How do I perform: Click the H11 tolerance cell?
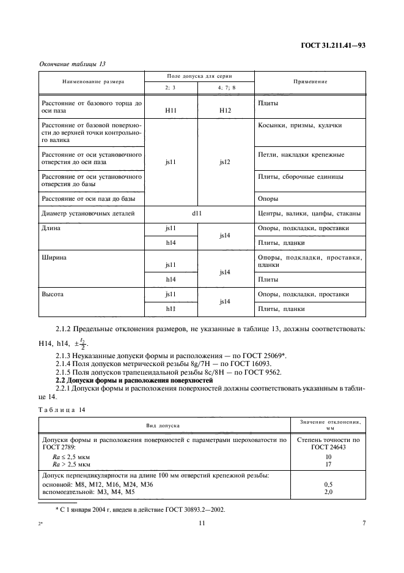[x=171, y=109]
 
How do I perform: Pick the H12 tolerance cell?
[x=226, y=109]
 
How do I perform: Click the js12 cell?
[x=226, y=163]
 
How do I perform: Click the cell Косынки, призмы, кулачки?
[x=300, y=125]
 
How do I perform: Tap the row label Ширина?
[x=54, y=258]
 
